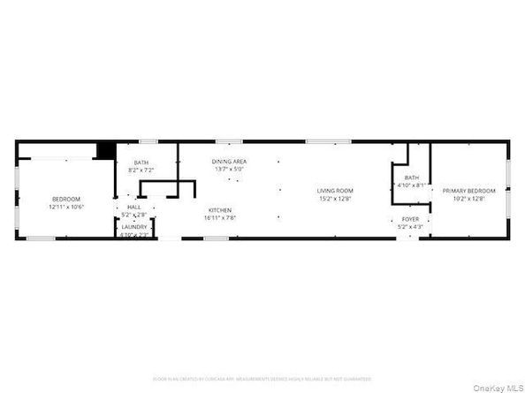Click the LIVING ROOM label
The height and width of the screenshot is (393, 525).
(336, 191)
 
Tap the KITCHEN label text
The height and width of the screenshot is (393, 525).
(220, 210)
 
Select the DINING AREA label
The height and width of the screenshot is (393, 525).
(229, 162)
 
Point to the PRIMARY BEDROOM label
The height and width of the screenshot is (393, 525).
(469, 191)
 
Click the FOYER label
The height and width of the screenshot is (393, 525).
(411, 219)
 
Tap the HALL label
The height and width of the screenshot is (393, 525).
(134, 208)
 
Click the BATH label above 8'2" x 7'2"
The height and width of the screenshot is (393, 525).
(141, 162)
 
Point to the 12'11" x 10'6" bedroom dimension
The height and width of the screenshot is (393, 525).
(65, 206)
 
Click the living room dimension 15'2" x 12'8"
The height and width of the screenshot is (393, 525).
(336, 199)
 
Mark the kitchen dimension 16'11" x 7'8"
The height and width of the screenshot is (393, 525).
(220, 217)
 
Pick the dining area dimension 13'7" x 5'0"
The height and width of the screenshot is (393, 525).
(229, 169)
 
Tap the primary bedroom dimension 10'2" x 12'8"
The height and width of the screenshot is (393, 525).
(469, 199)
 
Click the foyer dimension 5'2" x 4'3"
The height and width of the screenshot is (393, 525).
(411, 227)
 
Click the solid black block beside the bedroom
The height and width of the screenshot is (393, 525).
(106, 151)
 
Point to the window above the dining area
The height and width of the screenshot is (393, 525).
(229, 141)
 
